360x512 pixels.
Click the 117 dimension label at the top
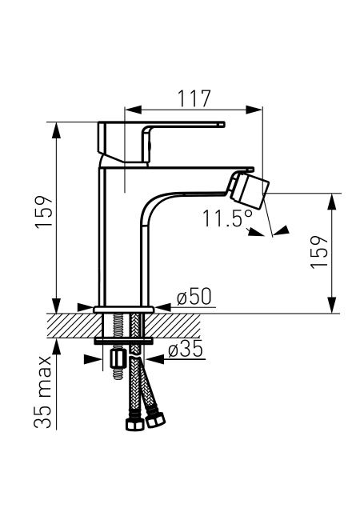pos(194,98)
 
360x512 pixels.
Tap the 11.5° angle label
pos(228,218)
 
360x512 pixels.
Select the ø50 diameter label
pos(194,296)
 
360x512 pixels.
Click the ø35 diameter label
pos(186,349)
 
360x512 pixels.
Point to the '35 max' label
pos(42,392)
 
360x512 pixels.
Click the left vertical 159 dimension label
pos(44,213)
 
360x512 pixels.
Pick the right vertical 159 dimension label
pos(319,252)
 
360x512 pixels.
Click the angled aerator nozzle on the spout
pos(249,190)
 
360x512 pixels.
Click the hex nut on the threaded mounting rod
pos(118,358)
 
